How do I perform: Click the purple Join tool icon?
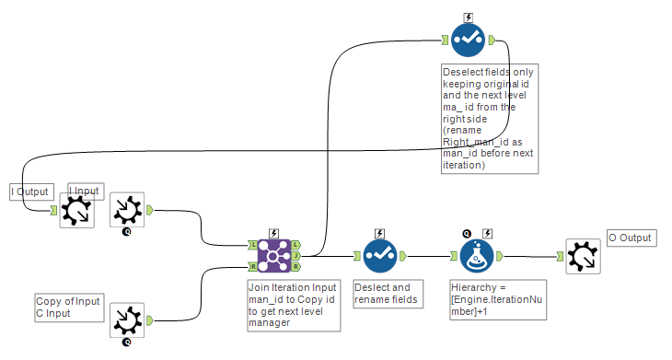click(273, 256)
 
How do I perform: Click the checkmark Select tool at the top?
click(469, 40)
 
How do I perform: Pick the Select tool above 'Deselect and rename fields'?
click(379, 256)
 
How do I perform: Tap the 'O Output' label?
click(631, 238)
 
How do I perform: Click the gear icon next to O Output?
click(583, 256)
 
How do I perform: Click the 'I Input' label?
click(84, 192)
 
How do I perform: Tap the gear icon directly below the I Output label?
click(75, 211)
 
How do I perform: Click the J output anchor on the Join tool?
click(295, 256)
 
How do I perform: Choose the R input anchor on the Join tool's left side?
click(252, 267)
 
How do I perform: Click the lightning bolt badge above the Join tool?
click(273, 233)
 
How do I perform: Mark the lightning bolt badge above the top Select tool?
click(469, 17)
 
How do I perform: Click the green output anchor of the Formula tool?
click(499, 256)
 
